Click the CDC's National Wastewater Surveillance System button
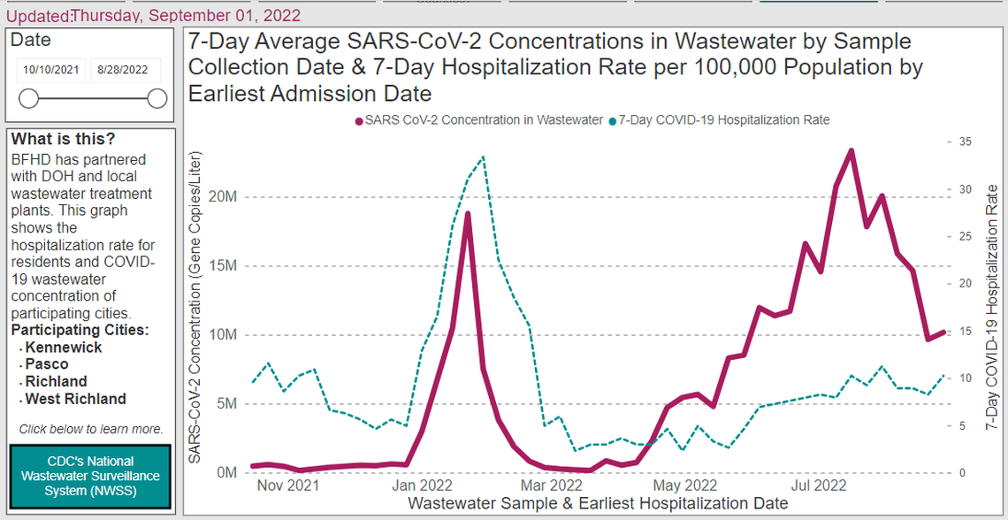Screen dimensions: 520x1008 point(89,477)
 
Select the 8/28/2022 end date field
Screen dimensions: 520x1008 point(124,70)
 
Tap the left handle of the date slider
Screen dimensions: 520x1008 point(28,98)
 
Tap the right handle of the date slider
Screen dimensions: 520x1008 point(157,98)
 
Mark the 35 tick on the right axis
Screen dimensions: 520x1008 point(965,141)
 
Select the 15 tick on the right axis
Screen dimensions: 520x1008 point(965,331)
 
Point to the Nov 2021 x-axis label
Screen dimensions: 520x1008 point(288,486)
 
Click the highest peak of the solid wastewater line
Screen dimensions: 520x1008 point(851,150)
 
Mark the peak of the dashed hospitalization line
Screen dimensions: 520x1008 point(483,157)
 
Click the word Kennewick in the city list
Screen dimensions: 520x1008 point(64,348)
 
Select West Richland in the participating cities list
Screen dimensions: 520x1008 point(75,399)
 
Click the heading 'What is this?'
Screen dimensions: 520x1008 point(63,140)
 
